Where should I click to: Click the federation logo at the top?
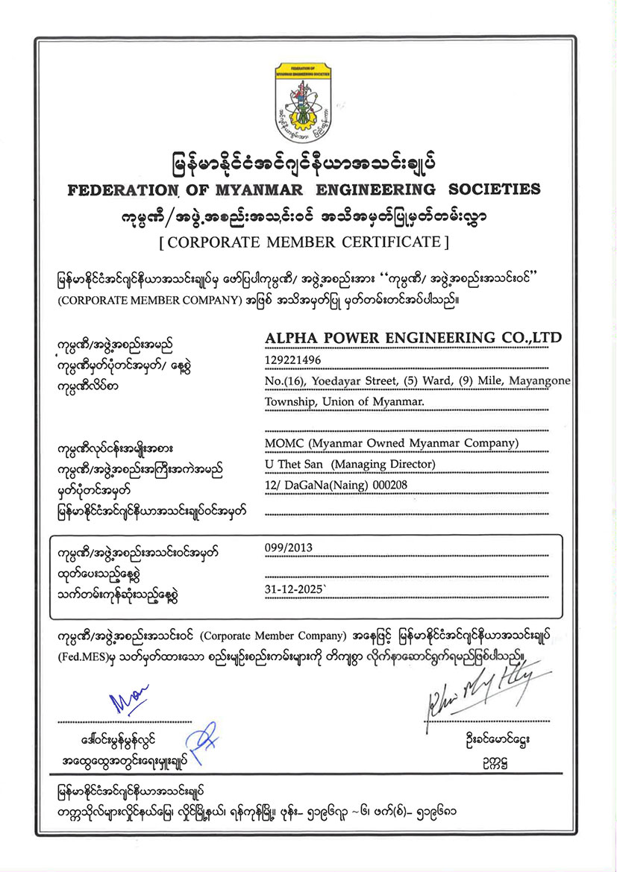[x=308, y=102]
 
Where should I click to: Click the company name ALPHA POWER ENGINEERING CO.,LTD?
[x=413, y=338]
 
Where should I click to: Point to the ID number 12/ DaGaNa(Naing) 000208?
[x=336, y=485]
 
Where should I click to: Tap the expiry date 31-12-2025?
[x=295, y=589]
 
